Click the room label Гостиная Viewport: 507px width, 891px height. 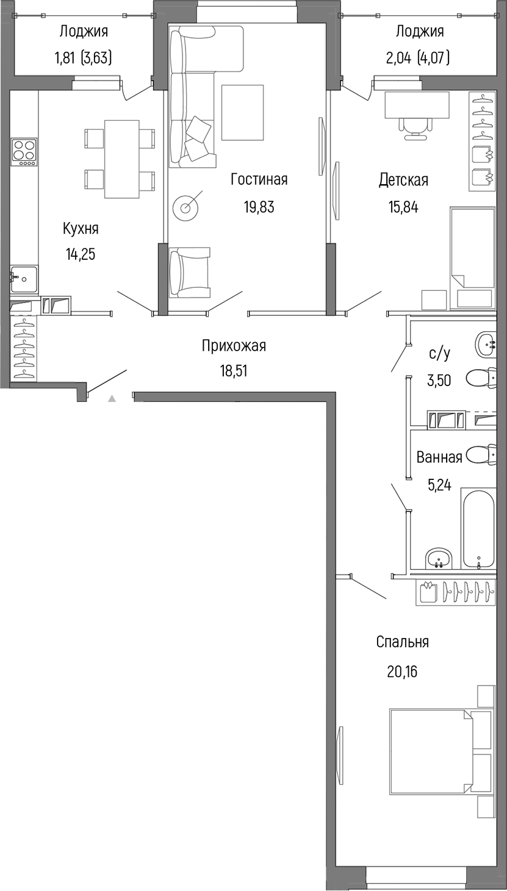coord(259,179)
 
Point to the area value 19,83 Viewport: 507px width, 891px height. coord(259,207)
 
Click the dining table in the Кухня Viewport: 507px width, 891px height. coord(122,159)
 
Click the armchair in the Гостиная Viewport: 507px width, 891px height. coord(189,272)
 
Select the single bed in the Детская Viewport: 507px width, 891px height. coord(472,247)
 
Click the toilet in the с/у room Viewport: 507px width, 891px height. coord(482,378)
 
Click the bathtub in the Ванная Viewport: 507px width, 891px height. coord(479,528)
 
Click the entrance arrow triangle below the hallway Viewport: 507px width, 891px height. coord(112,399)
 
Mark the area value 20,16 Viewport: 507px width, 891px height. coord(402,671)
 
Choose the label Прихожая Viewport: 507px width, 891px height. coord(234,346)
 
